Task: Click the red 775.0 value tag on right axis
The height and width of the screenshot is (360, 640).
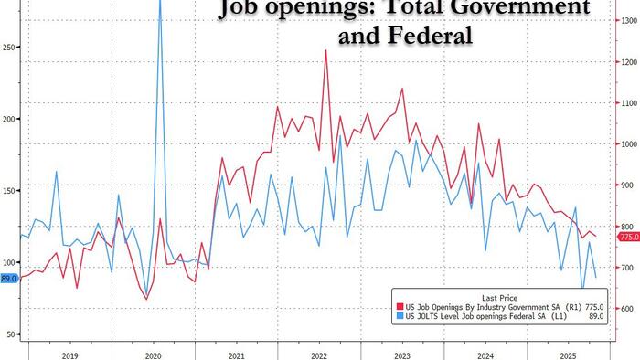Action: (629, 238)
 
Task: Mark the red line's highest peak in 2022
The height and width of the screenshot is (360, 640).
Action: (325, 50)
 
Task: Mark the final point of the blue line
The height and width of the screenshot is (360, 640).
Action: (596, 277)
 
